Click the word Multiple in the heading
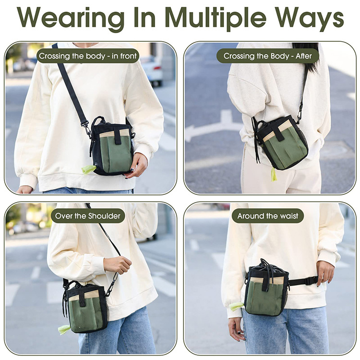click(216, 18)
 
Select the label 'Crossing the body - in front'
click(88, 56)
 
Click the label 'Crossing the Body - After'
click(268, 56)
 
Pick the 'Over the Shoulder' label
click(88, 216)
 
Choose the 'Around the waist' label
click(268, 216)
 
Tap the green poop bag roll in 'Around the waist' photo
click(237, 307)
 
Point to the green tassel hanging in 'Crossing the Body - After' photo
click(274, 174)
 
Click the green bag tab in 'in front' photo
click(88, 169)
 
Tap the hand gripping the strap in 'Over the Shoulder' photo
click(117, 264)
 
